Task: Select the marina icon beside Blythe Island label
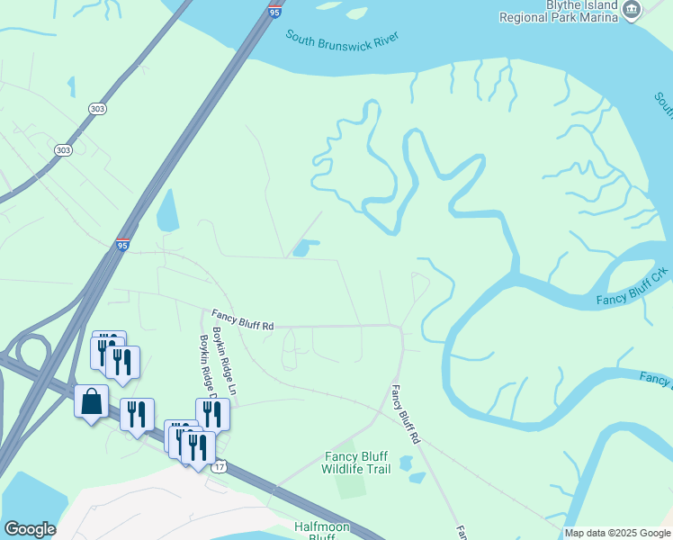tap(632, 11)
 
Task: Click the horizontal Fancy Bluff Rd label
tap(242, 320)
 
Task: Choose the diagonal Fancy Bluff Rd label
tap(405, 415)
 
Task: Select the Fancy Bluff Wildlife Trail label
tap(355, 463)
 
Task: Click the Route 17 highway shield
tap(219, 467)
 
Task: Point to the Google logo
tap(30, 529)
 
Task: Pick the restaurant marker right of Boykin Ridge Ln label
tap(212, 413)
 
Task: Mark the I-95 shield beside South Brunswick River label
tap(274, 12)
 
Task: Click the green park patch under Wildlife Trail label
tap(351, 482)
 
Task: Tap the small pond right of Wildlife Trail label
tap(406, 464)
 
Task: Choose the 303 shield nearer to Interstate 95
tap(97, 108)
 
